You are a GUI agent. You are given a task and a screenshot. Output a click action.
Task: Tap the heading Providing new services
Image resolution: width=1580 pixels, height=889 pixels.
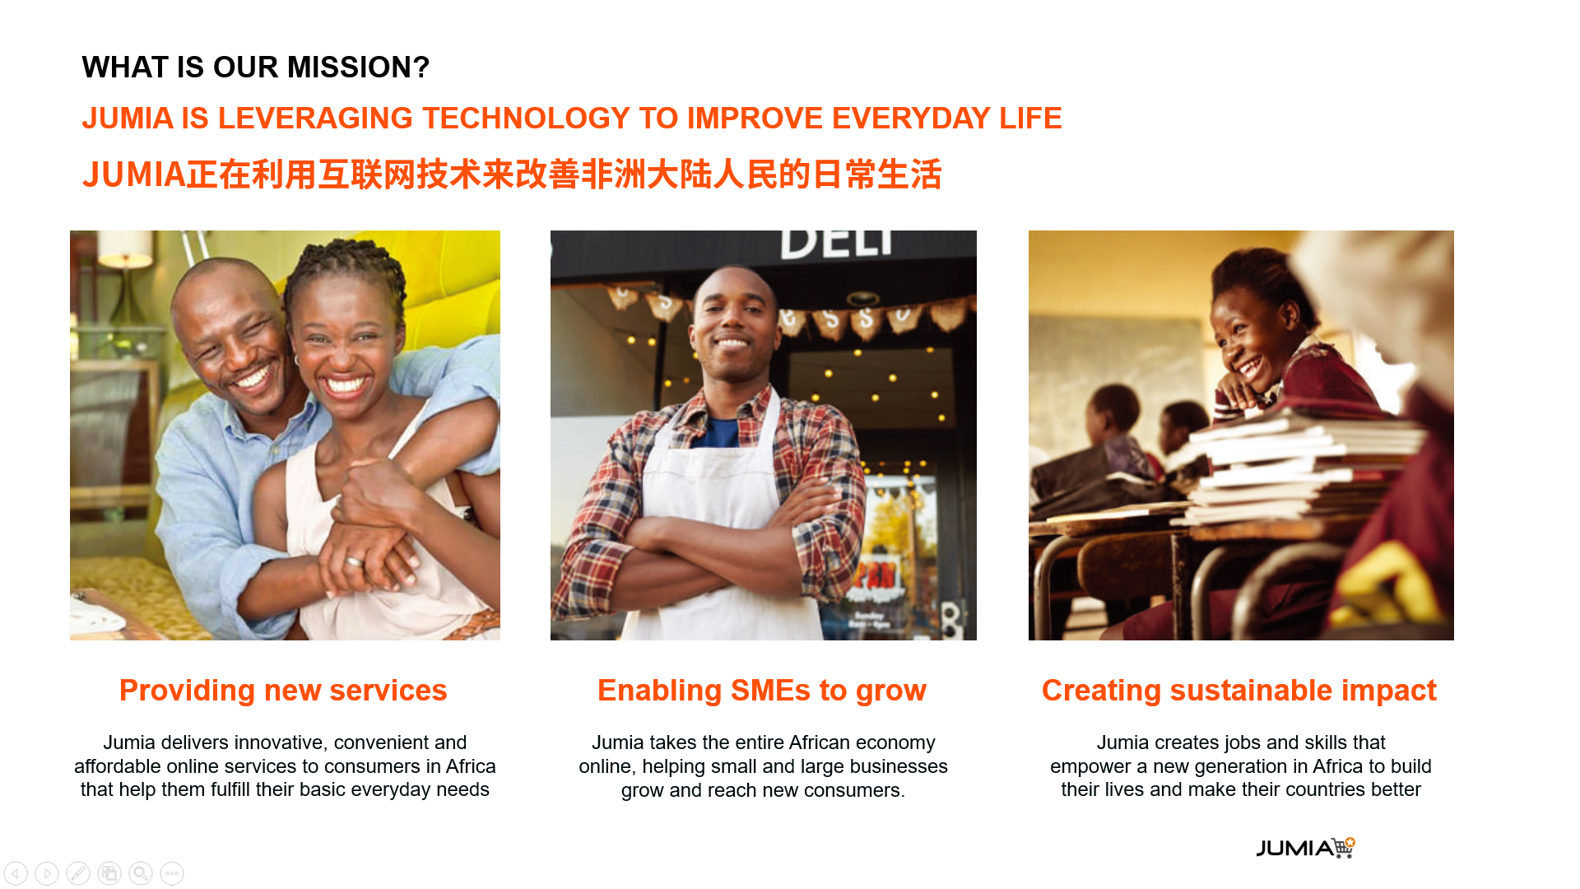point(283,690)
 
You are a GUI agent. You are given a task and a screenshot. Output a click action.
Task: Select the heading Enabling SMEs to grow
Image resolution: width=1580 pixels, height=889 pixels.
point(762,690)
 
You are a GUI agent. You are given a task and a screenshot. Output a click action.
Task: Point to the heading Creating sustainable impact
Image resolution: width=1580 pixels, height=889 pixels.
point(1239,690)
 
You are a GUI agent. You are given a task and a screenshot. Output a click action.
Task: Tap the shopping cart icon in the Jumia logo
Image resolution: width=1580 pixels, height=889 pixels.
point(1344,847)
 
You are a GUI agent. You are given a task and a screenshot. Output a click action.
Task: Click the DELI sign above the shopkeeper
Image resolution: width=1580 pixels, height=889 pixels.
point(835,244)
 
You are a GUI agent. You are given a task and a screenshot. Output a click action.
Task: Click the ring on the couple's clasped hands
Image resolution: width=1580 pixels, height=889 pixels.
point(354,562)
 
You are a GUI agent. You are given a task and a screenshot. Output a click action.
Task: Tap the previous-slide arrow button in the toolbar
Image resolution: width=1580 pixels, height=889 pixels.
point(16,873)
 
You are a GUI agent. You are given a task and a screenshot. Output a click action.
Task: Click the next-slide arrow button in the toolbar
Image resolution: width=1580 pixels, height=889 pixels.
point(47,873)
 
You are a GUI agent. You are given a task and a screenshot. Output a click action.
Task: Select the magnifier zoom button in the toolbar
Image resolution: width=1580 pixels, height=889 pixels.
point(141,873)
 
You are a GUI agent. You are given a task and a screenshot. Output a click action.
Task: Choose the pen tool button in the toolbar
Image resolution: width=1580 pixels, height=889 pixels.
point(78,873)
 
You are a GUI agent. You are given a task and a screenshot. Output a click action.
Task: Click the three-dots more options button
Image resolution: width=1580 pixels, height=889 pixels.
point(172,873)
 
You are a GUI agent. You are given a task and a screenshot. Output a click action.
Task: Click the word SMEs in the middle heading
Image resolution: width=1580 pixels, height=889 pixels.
point(770,690)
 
